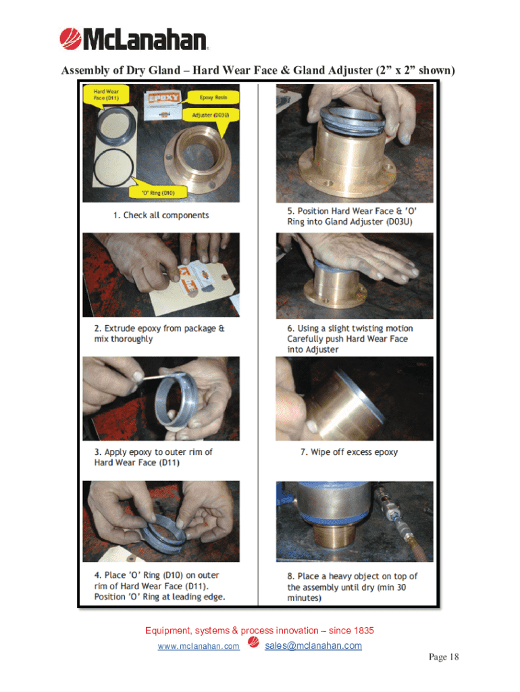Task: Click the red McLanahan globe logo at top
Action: [70, 39]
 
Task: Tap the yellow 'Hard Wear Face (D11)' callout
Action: [106, 95]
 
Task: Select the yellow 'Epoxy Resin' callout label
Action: [213, 97]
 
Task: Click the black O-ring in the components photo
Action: [95, 168]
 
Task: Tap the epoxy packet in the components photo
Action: [162, 106]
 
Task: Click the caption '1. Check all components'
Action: [161, 216]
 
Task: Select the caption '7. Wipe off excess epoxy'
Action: [349, 452]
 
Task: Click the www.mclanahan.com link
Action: [199, 646]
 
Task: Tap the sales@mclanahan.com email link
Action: [313, 645]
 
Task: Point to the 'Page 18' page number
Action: [444, 657]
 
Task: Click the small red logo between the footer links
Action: [253, 642]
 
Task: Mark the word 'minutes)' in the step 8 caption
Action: [305, 598]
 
